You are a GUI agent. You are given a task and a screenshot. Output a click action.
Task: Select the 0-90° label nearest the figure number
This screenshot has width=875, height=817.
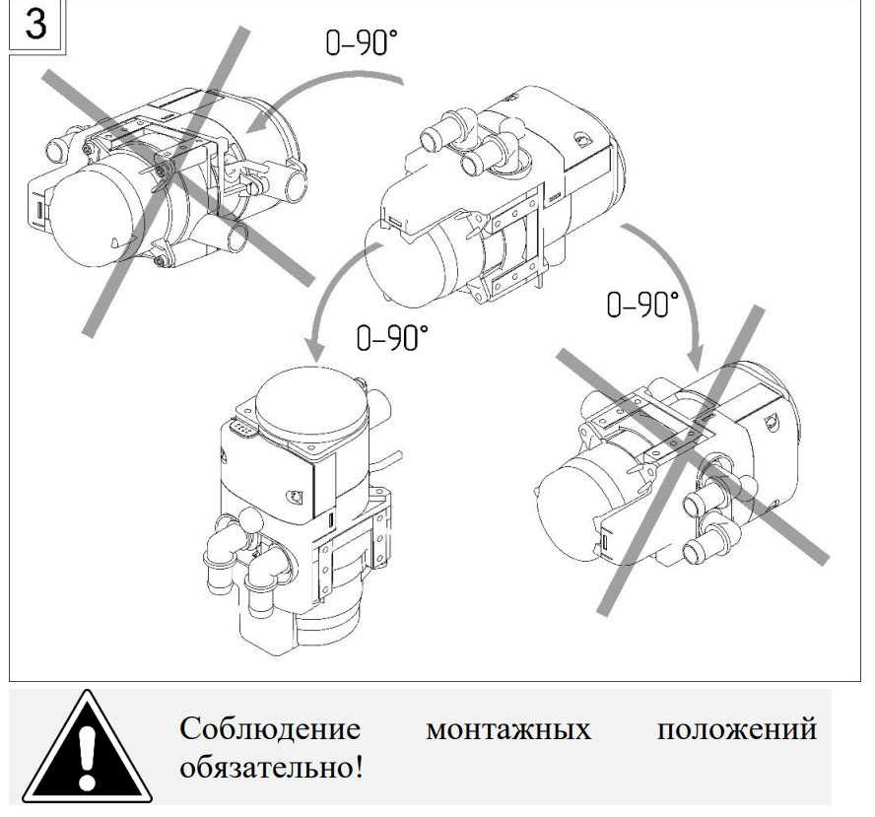pos(363,45)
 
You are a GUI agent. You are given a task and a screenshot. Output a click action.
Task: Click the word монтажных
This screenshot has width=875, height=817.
pos(510,732)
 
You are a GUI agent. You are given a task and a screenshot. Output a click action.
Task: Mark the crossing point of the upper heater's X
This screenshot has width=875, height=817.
pos(174,175)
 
